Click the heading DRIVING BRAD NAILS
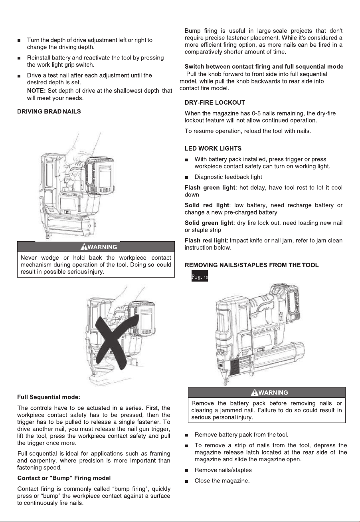(49, 111)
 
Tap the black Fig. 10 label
(200, 276)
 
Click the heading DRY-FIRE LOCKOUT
(215, 103)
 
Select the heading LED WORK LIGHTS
(213, 149)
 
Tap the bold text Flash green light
(210, 188)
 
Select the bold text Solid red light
(207, 205)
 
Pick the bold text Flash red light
(206, 240)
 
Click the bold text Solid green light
(209, 223)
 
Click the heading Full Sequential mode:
(49, 397)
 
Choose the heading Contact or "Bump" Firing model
(64, 478)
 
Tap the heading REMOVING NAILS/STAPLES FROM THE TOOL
(251, 265)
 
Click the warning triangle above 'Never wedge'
(83, 247)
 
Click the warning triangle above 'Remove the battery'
(255, 393)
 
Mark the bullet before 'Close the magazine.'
(186, 481)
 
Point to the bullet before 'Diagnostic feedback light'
(186, 178)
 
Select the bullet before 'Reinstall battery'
(19, 58)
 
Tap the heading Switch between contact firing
(264, 67)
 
